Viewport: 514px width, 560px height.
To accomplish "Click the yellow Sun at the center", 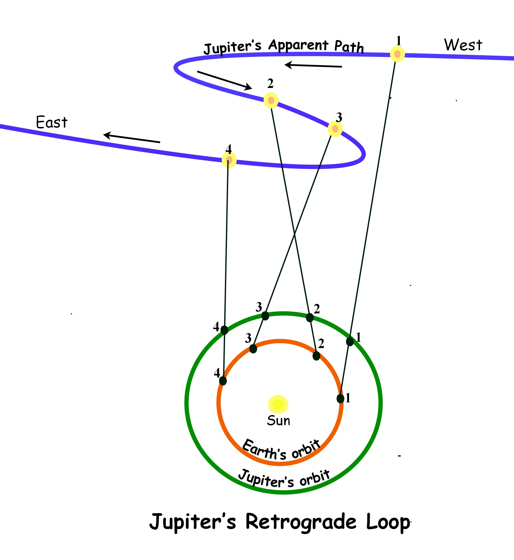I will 278,404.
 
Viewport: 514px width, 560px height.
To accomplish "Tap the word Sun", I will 278,421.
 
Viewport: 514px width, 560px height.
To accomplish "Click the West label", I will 463,45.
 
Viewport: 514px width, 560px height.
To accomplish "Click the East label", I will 52,122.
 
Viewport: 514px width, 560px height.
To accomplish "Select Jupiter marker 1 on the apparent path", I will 397,54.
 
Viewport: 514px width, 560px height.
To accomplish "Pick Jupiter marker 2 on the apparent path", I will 271,100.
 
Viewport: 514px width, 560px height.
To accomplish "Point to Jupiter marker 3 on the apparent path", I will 335,129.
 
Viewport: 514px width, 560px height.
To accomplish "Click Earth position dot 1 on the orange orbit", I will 340,399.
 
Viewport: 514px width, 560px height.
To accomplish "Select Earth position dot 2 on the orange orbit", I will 316,356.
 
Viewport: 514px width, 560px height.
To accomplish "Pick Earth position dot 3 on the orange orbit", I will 253,349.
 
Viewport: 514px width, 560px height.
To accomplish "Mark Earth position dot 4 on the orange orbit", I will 223,381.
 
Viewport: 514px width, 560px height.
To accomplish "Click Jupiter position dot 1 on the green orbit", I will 350,342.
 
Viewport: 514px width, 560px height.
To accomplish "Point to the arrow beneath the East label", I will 132,139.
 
